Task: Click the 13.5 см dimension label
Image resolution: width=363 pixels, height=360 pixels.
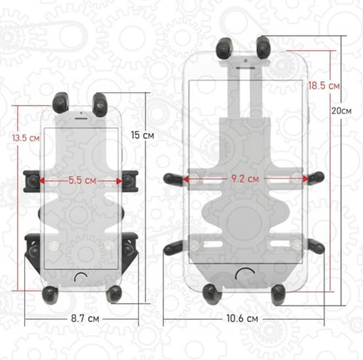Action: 26,138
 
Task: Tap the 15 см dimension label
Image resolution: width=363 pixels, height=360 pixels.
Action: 142,135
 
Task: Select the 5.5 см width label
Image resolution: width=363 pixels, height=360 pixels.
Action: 82,180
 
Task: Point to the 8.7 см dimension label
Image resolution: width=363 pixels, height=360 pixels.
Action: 85,318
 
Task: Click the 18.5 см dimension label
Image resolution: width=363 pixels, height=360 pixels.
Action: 324,85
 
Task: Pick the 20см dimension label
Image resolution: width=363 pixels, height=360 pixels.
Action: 342,110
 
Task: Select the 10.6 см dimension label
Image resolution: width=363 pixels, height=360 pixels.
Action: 242,318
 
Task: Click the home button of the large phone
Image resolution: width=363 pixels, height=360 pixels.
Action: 245,274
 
